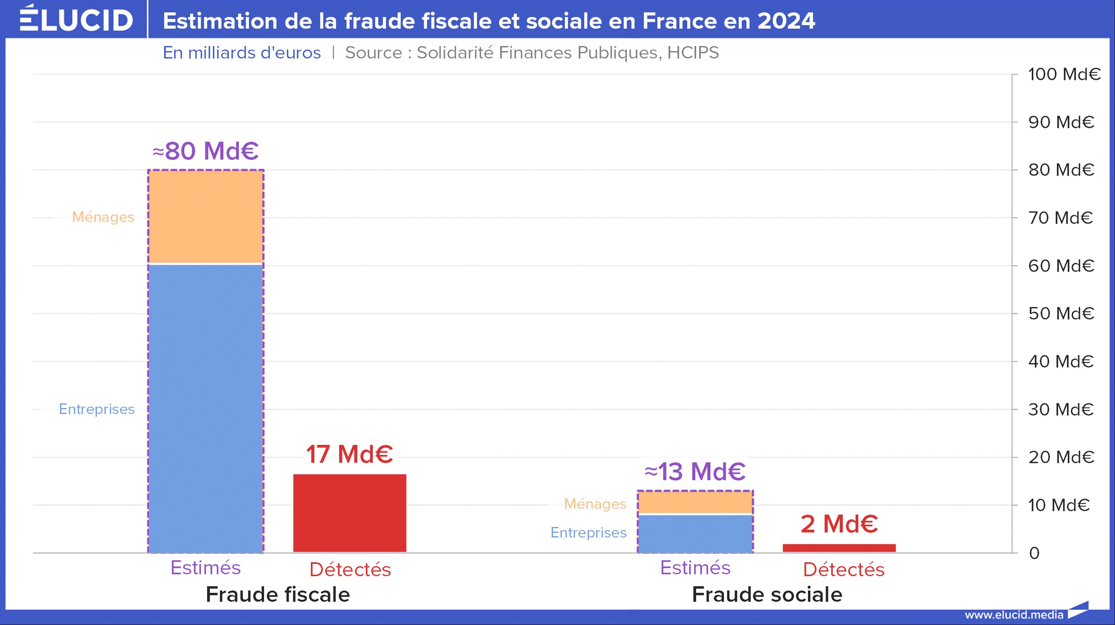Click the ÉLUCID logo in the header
click(x=76, y=19)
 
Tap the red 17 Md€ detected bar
click(x=350, y=513)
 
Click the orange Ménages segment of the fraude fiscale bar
click(x=206, y=217)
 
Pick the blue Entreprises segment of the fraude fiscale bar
click(x=206, y=407)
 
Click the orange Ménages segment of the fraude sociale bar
click(x=696, y=502)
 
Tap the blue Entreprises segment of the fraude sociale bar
click(x=696, y=533)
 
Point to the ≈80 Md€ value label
click(x=206, y=151)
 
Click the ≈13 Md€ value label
click(x=695, y=471)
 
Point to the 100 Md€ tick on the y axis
click(x=1064, y=75)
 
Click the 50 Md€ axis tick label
click(x=1061, y=313)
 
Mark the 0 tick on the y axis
click(x=1034, y=553)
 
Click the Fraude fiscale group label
click(x=277, y=594)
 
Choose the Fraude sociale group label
click(x=767, y=594)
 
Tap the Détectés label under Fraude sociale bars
click(x=844, y=570)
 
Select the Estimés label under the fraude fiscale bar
click(x=206, y=568)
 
